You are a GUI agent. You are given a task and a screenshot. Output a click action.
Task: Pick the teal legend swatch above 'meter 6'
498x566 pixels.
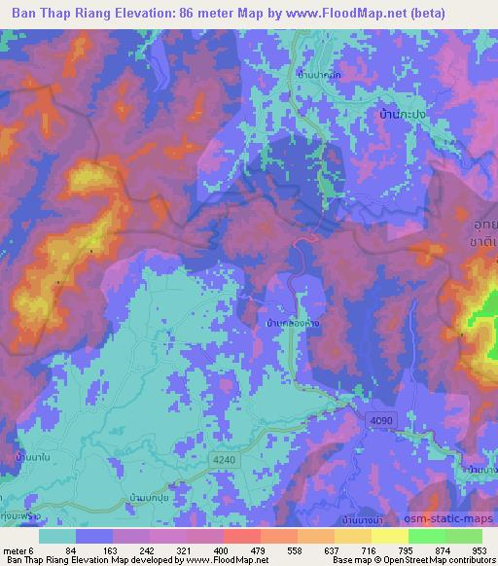point(56,536)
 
